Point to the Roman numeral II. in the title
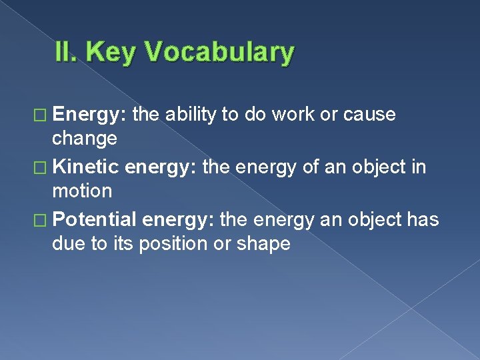pyautogui.click(x=68, y=53)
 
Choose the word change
pyautogui.click(x=85, y=139)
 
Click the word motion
pyautogui.click(x=82, y=191)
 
